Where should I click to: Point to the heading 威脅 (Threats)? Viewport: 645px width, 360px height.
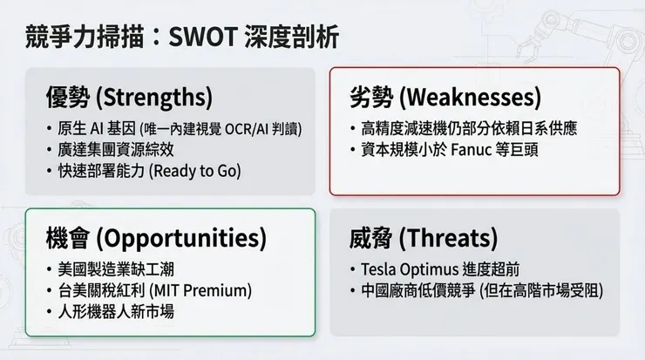[x=424, y=237]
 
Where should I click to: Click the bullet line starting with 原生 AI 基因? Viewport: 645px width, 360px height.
[x=174, y=128]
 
